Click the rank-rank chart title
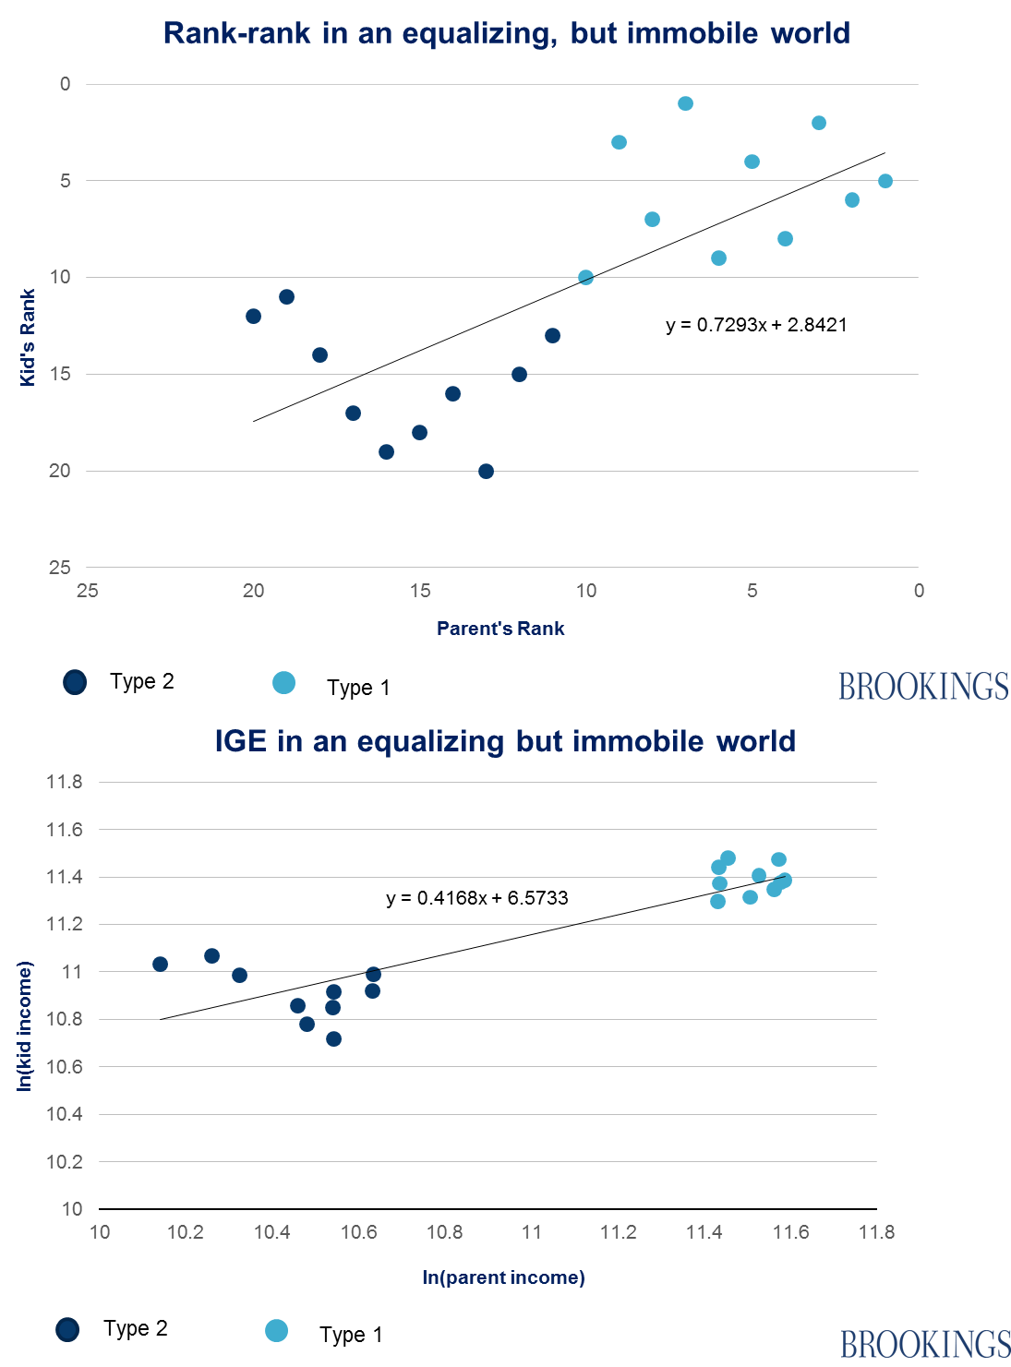coord(506,33)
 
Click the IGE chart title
coord(505,741)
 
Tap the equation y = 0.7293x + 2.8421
coord(756,325)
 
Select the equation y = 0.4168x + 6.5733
coord(477,898)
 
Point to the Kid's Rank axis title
coord(28,337)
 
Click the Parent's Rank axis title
coord(500,629)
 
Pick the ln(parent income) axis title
coord(503,1277)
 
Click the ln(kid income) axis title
coord(25,1025)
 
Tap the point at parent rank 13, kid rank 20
coord(487,472)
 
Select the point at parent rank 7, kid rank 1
coord(686,103)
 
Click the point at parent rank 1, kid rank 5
coord(885,181)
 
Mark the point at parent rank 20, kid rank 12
coord(254,317)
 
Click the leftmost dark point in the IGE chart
coord(160,965)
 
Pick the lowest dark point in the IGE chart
coord(334,1039)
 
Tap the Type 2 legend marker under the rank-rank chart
coord(75,682)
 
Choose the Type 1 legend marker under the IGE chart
coord(276,1331)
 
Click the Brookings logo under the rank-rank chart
coord(923,686)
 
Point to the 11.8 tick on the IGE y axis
coord(65,782)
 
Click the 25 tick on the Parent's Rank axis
coord(88,591)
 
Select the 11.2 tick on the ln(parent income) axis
coord(618,1232)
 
